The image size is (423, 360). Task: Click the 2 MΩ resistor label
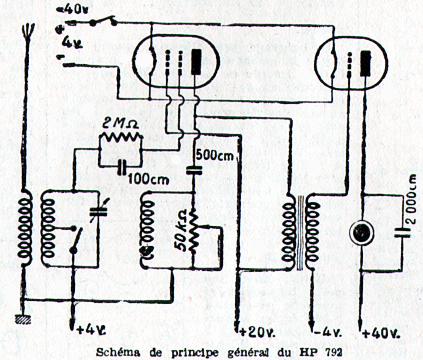pos(120,124)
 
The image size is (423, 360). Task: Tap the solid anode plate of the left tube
pos(196,62)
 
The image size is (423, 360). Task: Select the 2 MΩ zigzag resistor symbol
pos(120,138)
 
